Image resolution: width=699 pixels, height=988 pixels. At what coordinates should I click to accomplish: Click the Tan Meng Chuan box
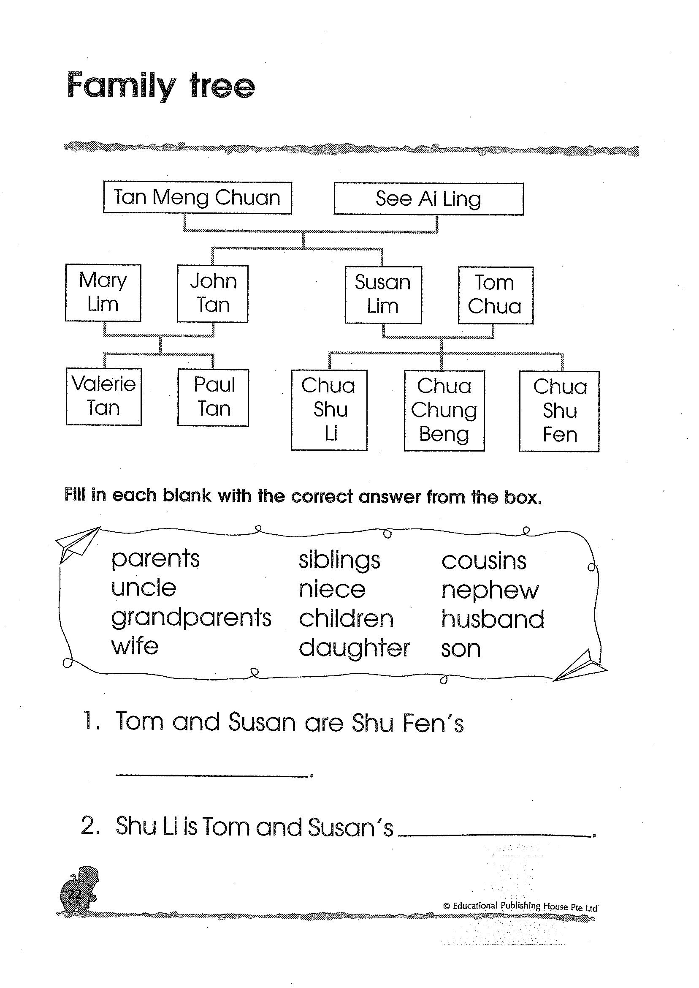tap(197, 198)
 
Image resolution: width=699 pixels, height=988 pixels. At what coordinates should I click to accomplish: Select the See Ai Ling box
tap(428, 199)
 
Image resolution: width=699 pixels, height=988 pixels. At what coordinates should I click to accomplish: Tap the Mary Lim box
tap(103, 293)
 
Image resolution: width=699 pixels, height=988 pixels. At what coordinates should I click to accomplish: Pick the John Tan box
tap(213, 294)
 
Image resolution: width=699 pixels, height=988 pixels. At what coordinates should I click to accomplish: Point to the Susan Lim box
tap(383, 295)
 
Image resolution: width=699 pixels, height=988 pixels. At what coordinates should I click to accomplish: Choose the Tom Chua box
tap(496, 295)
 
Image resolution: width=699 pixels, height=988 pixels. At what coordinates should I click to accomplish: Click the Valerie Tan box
tap(104, 397)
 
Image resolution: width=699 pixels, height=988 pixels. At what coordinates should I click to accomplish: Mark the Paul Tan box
tap(213, 397)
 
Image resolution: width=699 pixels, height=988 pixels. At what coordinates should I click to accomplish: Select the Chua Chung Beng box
tap(444, 411)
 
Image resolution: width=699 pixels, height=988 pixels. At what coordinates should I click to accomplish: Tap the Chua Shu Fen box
tap(559, 411)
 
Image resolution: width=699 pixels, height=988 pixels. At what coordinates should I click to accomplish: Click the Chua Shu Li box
tap(329, 410)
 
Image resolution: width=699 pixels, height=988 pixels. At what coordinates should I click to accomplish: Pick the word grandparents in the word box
tap(191, 618)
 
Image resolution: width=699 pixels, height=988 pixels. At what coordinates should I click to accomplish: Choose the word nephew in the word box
tap(490, 591)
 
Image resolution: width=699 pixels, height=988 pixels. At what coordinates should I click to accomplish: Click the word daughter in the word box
tap(354, 648)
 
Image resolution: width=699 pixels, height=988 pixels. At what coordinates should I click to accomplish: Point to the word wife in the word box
tap(135, 646)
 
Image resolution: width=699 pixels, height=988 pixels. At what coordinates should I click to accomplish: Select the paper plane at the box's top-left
tap(78, 544)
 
